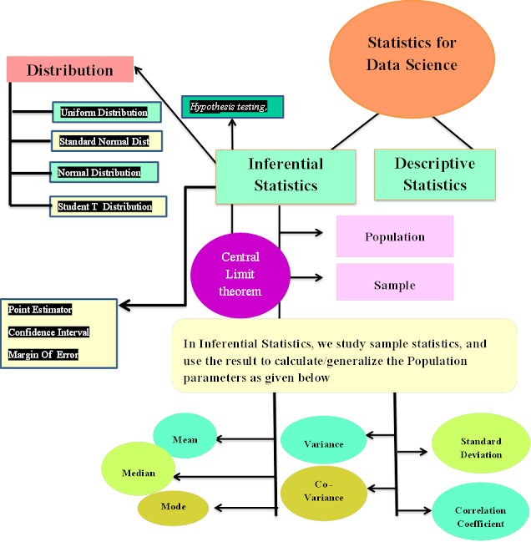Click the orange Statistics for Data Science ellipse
(412, 53)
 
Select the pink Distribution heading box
(70, 70)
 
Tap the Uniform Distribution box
(104, 112)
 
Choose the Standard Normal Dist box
(104, 141)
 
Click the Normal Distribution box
(99, 173)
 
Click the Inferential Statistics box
(286, 175)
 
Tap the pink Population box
(395, 236)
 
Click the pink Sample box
(395, 285)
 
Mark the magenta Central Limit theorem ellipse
(240, 275)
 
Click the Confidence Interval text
(48, 332)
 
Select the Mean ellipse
(185, 440)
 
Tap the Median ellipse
(139, 473)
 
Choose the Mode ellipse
(173, 506)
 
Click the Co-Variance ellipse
(323, 491)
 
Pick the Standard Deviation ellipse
(480, 448)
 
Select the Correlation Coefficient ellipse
(480, 516)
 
